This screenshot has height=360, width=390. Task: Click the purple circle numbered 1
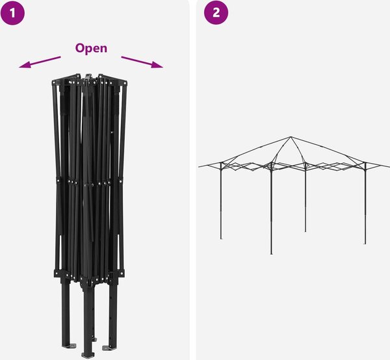[x=12, y=13]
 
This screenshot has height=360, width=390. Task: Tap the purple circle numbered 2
[x=216, y=12]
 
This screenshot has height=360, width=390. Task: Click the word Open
[x=91, y=48]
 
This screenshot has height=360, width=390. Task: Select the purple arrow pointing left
[x=40, y=62]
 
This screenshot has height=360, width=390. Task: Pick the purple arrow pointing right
[x=142, y=62]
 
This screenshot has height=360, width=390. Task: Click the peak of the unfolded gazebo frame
[x=291, y=136]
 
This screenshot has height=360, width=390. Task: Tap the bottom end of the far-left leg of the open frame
[x=221, y=238]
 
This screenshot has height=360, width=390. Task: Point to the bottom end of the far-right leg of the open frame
[x=365, y=244]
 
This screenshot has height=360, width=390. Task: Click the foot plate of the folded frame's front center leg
[x=88, y=355]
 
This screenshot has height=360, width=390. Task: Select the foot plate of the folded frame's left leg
[x=70, y=346]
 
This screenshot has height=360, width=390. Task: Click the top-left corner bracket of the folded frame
[x=57, y=82]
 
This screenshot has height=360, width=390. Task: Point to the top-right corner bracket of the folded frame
[x=122, y=82]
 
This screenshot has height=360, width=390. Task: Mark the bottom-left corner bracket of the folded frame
[x=58, y=274]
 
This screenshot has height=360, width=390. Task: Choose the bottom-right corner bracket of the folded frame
[x=120, y=273]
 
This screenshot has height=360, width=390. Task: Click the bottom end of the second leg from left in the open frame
[x=271, y=253]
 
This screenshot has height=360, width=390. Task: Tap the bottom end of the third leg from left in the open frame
[x=305, y=231]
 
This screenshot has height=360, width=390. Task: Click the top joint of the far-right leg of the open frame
[x=365, y=164]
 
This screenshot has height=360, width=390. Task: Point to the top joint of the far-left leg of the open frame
[x=221, y=164]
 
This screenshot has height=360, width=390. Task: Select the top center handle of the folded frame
[x=88, y=77]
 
